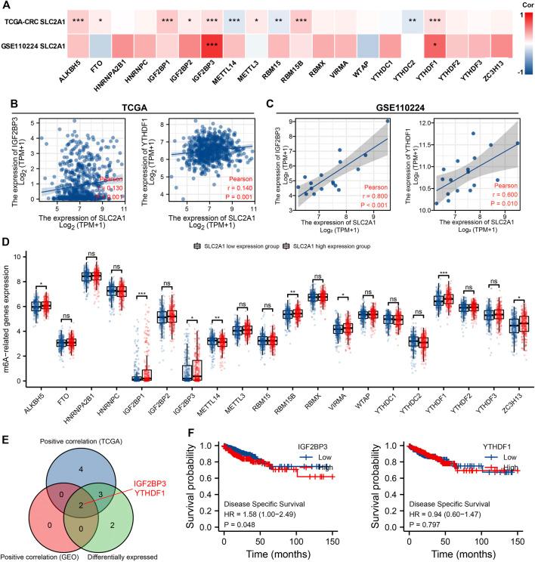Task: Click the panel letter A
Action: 7,5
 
